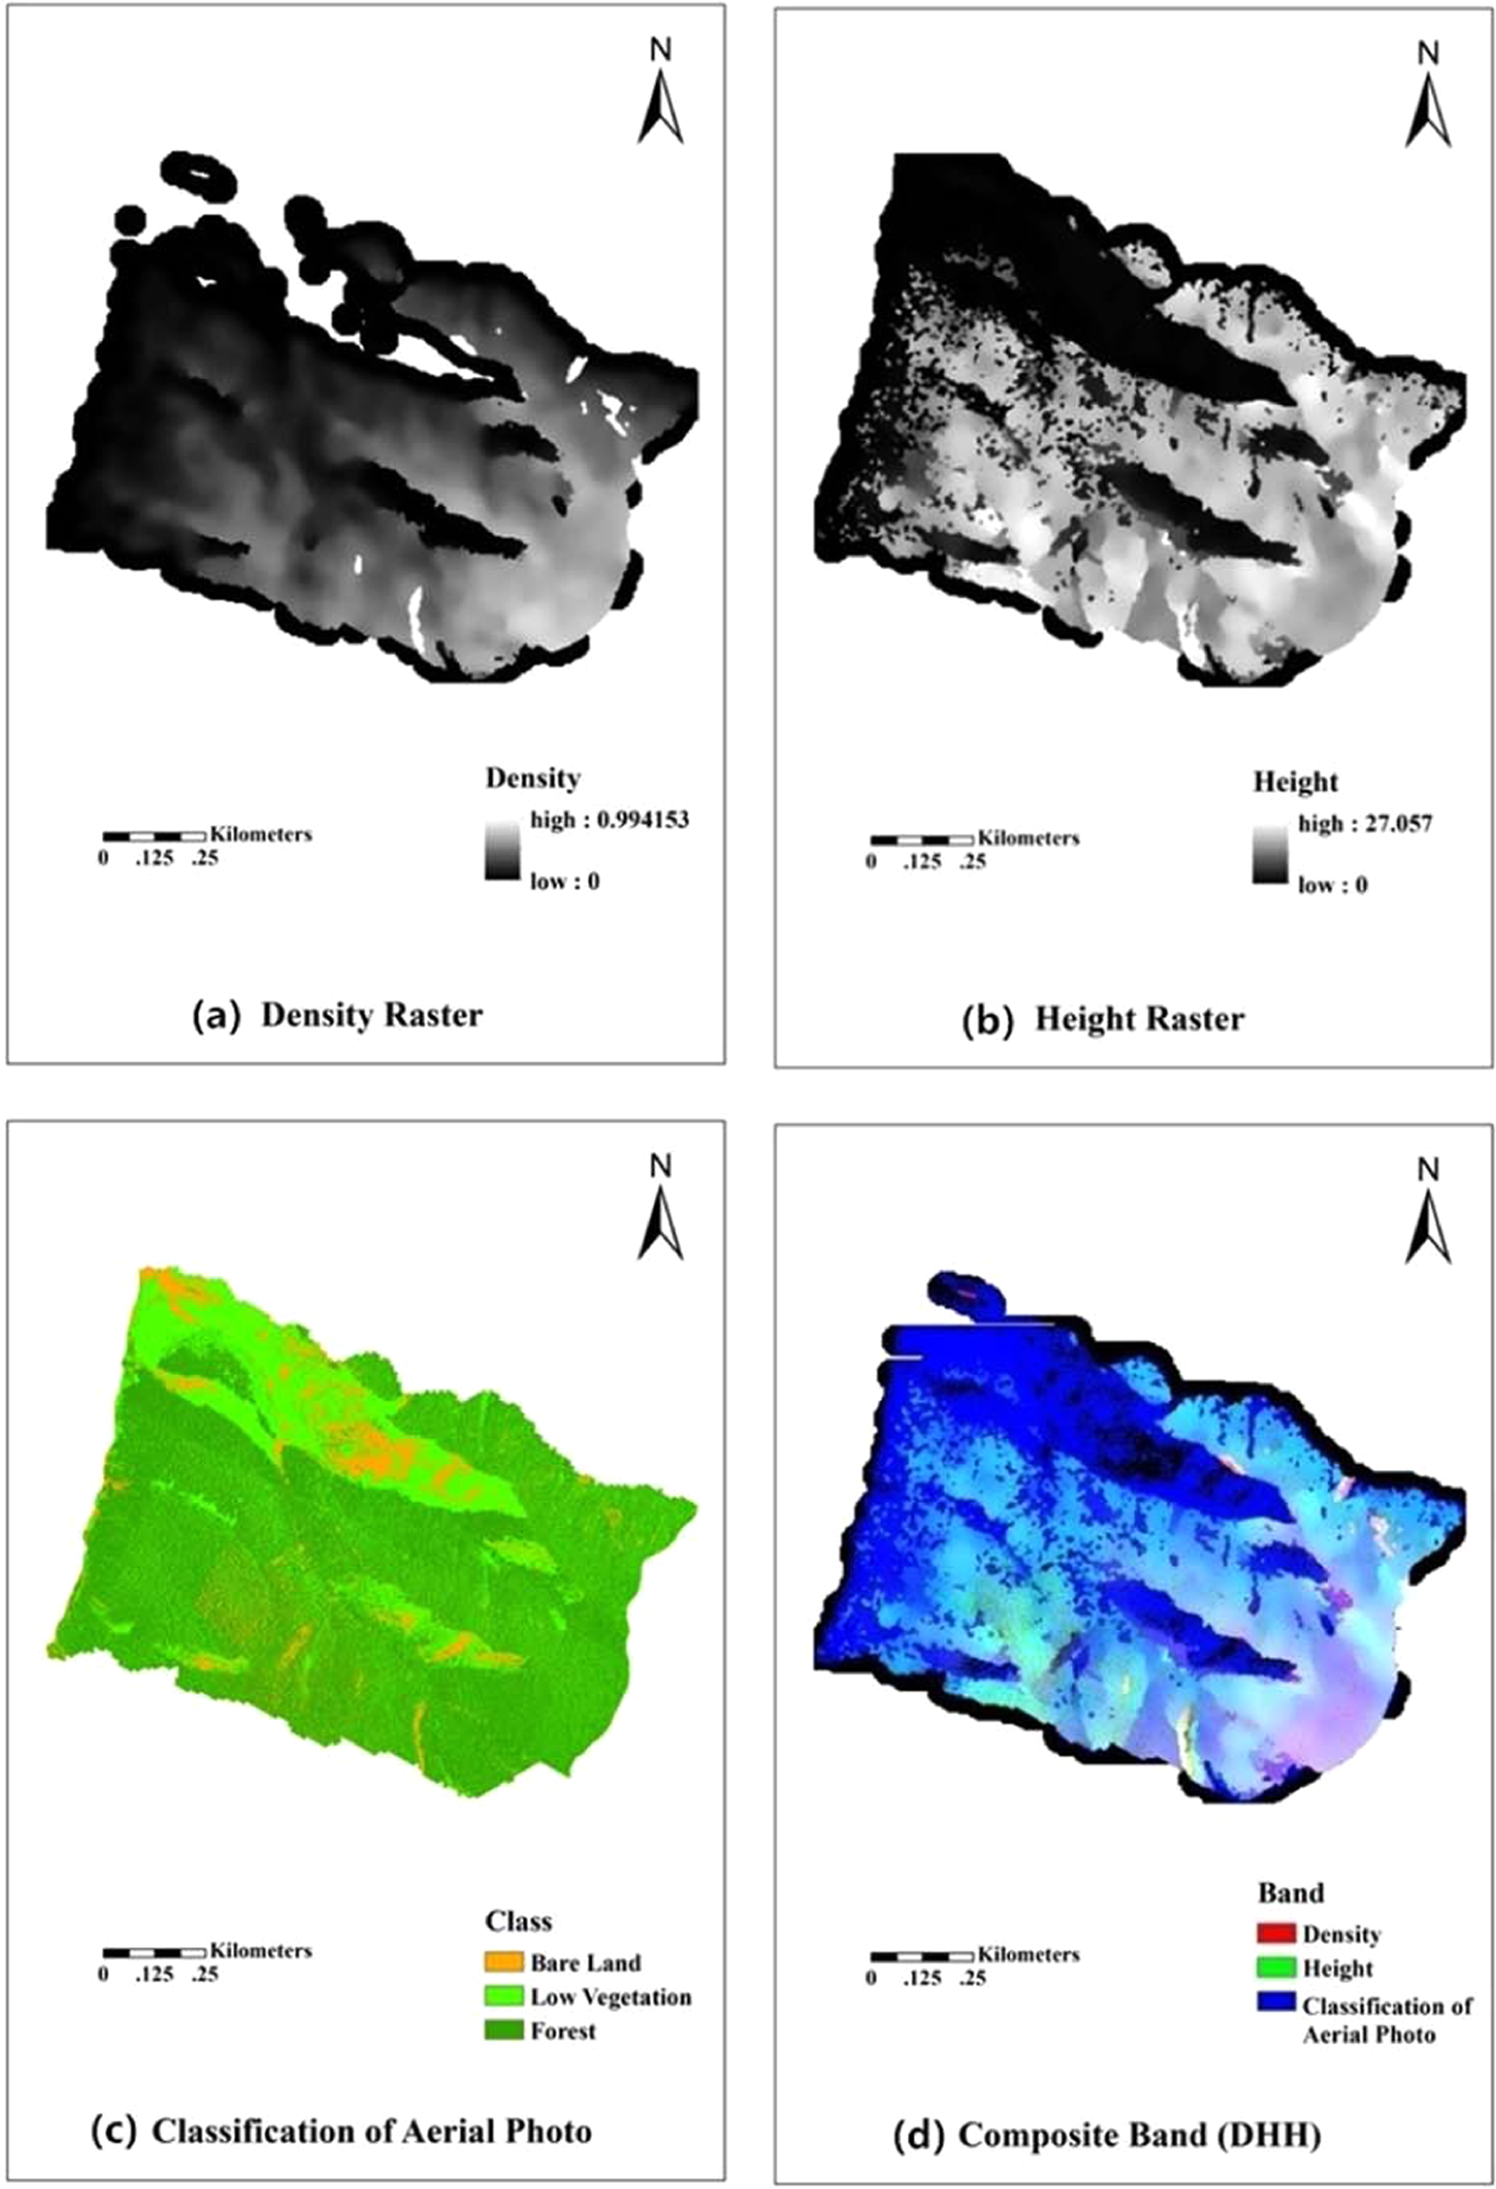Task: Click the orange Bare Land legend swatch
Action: (x=504, y=1962)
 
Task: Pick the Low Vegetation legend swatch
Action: (x=504, y=1996)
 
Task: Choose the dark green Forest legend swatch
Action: (x=504, y=2031)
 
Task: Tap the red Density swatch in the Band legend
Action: (x=1275, y=1934)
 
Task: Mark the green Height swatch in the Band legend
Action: (x=1275, y=1968)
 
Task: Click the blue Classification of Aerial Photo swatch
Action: (x=1275, y=2004)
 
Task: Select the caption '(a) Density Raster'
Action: (x=337, y=1015)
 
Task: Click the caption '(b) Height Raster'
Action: (x=1103, y=1019)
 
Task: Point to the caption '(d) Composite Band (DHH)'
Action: (x=1106, y=2135)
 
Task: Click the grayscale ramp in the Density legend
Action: (x=502, y=851)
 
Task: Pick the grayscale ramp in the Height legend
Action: (x=1270, y=855)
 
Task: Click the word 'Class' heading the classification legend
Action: (x=518, y=1921)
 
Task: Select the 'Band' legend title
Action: (x=1290, y=1893)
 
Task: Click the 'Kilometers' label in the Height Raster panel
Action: (x=1028, y=838)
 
